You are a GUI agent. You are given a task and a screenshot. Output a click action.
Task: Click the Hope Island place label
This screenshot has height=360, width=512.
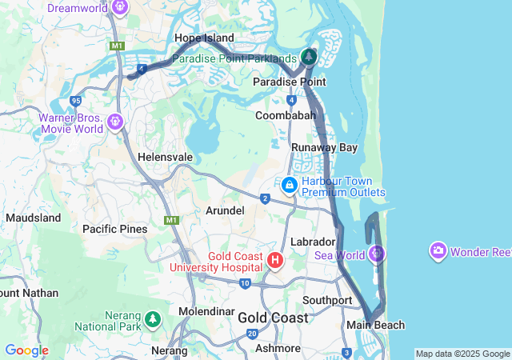(204, 38)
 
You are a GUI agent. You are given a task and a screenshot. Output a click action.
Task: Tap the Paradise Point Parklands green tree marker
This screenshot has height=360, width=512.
(309, 57)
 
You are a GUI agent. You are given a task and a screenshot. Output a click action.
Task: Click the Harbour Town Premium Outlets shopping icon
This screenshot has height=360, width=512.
(289, 185)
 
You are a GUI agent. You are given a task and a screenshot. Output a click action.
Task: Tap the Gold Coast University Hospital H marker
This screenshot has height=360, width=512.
(275, 260)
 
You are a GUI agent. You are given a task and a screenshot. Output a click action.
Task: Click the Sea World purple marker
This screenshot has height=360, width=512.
(378, 254)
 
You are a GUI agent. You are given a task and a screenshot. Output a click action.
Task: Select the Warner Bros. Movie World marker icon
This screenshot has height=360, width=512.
(116, 122)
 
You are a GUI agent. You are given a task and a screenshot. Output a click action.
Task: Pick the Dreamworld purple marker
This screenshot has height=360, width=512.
(121, 7)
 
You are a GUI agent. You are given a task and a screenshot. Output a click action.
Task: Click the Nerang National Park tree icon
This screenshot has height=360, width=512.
(153, 320)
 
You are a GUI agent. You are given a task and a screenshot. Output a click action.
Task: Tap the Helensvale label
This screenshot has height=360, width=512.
(166, 157)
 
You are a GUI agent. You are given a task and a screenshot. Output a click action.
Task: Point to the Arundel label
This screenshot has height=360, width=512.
(225, 210)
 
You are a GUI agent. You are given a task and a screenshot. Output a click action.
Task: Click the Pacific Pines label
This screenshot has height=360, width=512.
(115, 229)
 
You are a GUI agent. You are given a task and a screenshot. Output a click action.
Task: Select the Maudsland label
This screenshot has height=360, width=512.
(33, 218)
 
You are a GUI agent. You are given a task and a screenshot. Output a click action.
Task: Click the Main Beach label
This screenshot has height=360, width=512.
(375, 325)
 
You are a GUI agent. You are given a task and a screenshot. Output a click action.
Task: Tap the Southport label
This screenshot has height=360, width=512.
(327, 301)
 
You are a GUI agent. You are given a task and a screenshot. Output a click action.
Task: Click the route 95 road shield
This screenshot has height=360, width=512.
(76, 101)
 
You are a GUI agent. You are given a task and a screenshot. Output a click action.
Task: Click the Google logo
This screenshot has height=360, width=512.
(26, 350)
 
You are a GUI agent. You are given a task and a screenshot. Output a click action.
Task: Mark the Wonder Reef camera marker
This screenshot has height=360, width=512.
(438, 251)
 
